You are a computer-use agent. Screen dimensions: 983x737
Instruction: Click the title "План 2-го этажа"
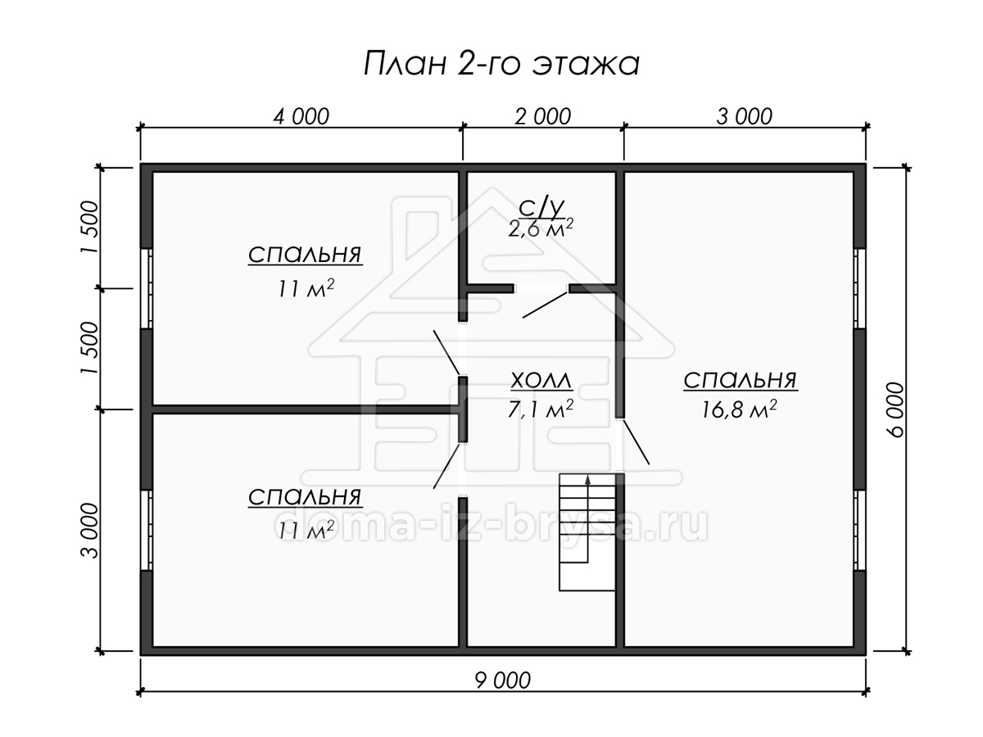point(501,64)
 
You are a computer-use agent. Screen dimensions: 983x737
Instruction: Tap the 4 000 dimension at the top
point(301,117)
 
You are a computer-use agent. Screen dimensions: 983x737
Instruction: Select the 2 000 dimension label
point(542,117)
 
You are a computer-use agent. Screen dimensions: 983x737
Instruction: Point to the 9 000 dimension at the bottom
point(502,680)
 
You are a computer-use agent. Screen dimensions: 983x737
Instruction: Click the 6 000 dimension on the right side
point(895,409)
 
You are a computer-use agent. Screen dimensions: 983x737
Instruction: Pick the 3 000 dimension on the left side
point(89,531)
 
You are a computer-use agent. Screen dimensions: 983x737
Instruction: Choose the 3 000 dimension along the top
point(744,117)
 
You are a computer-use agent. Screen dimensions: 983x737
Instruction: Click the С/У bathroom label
point(541,208)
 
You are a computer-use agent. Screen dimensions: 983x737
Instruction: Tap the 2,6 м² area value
point(541,228)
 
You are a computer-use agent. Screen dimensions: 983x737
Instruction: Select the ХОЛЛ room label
point(541,380)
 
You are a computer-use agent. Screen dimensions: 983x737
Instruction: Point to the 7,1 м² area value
point(541,409)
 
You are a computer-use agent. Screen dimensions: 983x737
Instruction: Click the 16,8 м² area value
point(739,409)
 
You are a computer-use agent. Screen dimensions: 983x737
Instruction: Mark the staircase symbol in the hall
point(587,532)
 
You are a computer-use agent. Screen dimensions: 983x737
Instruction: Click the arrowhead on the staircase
point(587,481)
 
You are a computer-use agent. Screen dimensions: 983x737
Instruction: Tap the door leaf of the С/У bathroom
point(546,305)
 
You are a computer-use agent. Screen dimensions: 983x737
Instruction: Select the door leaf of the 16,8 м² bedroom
point(636,442)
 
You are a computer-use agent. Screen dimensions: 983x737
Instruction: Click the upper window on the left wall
point(147,288)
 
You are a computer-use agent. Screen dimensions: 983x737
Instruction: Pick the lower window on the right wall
point(859,531)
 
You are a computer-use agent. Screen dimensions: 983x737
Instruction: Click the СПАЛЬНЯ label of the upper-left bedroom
point(305,255)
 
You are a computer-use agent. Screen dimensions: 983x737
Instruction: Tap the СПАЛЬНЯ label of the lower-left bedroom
point(305,497)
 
